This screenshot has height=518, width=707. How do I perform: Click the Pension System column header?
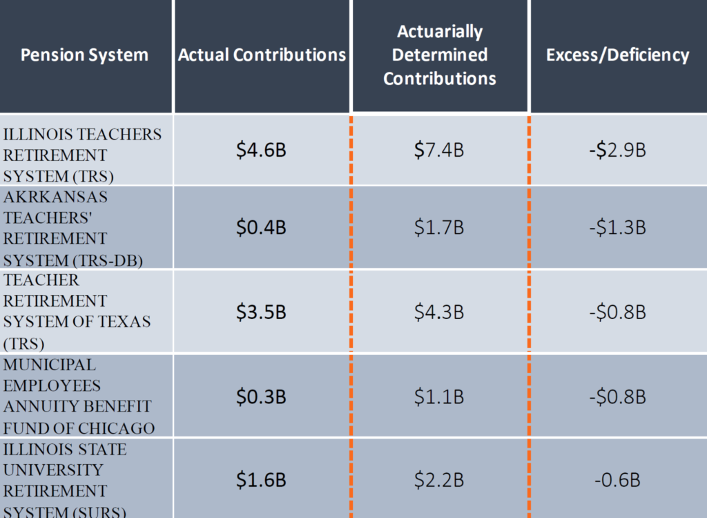pos(84,55)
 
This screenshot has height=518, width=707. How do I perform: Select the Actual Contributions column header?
pos(262,55)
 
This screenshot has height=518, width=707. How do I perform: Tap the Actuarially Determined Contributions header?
pos(440,55)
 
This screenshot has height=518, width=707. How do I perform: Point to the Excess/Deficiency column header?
pos(617,55)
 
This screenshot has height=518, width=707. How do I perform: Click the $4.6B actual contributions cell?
pos(261,150)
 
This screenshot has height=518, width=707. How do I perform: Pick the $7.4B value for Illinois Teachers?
pos(439,150)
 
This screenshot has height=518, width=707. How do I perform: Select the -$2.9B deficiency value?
pos(617,150)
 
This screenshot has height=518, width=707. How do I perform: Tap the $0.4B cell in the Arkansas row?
pos(261,228)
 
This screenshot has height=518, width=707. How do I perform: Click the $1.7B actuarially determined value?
pos(439,228)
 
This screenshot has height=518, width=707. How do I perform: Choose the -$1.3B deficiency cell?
pos(617,228)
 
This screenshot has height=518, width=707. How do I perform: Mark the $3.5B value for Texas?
pos(261,312)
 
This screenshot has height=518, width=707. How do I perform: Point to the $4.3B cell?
pos(439,312)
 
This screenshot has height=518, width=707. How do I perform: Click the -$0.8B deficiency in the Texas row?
pos(617,312)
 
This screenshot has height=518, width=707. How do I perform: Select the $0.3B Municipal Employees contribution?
pos(261,397)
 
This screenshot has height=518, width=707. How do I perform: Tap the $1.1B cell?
pos(439,397)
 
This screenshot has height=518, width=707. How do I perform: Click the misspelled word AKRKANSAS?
pos(56,197)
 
